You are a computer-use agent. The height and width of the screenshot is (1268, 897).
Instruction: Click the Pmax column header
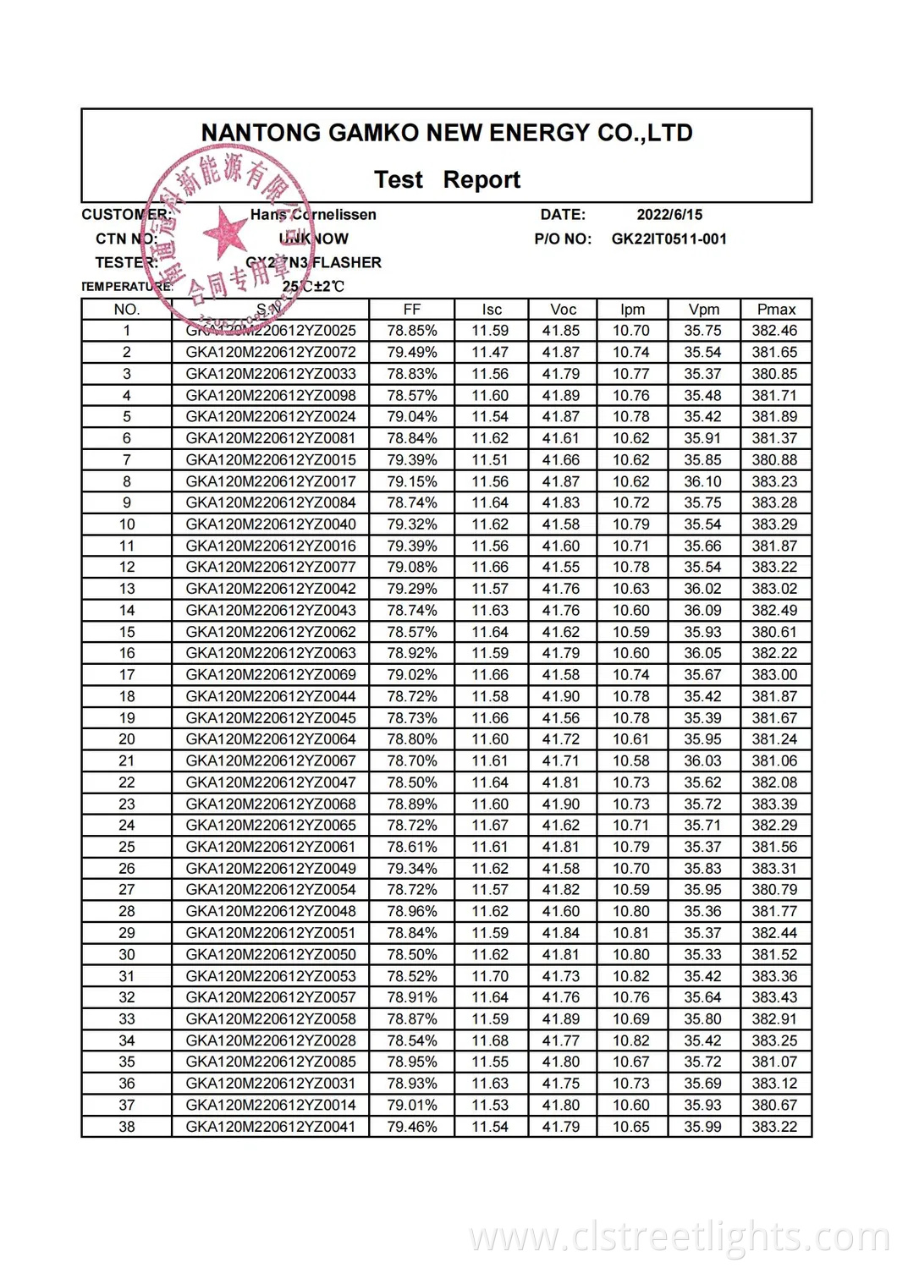(x=775, y=310)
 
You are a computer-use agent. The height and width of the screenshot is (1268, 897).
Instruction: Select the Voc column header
(x=563, y=310)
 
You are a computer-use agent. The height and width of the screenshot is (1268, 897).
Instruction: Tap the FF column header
(x=411, y=310)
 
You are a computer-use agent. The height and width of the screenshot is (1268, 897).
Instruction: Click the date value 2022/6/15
(x=669, y=215)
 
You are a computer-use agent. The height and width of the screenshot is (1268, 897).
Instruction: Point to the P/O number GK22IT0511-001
(x=669, y=239)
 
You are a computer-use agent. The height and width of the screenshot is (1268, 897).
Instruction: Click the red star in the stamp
(x=225, y=231)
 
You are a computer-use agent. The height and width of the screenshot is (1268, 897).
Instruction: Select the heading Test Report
(x=447, y=180)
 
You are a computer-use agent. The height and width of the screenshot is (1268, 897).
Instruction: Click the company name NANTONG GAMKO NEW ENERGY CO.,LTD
(x=447, y=133)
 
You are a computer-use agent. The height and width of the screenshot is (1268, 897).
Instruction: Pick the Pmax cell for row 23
(x=775, y=804)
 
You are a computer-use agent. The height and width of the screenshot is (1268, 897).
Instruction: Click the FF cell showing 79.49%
(x=411, y=353)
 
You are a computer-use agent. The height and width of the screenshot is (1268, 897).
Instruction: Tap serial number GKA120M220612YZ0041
(x=271, y=1127)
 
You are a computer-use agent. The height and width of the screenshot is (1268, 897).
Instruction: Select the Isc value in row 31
(x=491, y=976)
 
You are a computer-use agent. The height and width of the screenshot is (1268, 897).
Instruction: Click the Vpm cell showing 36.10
(x=703, y=481)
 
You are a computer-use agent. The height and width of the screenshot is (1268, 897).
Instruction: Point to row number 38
(x=127, y=1127)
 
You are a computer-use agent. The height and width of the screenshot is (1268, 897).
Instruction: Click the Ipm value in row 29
(x=631, y=933)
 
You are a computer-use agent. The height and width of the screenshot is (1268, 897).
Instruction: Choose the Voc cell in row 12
(x=561, y=568)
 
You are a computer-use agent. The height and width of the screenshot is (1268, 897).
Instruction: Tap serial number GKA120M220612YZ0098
(x=271, y=396)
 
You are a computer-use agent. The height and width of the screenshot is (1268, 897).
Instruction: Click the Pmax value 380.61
(x=775, y=632)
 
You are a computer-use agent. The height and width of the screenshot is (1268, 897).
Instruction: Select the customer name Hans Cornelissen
(x=313, y=215)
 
